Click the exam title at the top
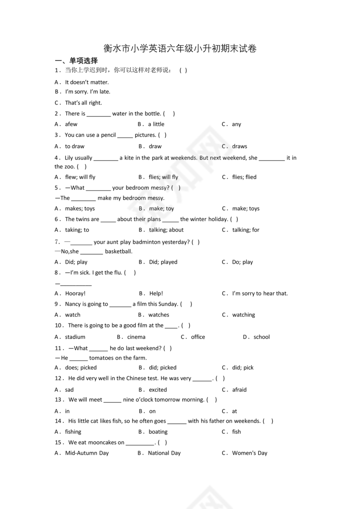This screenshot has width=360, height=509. pyautogui.click(x=180, y=49)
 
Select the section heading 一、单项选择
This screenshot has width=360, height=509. pyautogui.click(x=76, y=61)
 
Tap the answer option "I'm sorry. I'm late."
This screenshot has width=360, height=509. pyautogui.click(x=88, y=92)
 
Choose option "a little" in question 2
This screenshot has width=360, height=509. pyautogui.click(x=156, y=124)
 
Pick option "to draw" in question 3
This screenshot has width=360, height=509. pyautogui.click(x=75, y=147)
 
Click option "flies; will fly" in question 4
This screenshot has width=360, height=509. pyautogui.click(x=163, y=177)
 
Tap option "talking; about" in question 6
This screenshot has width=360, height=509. pyautogui.click(x=166, y=230)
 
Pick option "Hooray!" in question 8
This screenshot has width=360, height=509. pyautogui.click(x=75, y=294)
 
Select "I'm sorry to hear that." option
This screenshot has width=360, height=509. pyautogui.click(x=260, y=294)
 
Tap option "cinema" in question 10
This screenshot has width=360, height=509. pyautogui.click(x=136, y=337)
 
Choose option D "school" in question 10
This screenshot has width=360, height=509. pyautogui.click(x=262, y=337)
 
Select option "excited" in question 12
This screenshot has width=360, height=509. pyautogui.click(x=158, y=390)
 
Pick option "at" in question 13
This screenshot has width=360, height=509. pyautogui.click(x=235, y=411)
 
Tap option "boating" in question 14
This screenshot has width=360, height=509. pyautogui.click(x=158, y=432)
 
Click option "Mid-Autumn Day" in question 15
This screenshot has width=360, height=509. pyautogui.click(x=87, y=454)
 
